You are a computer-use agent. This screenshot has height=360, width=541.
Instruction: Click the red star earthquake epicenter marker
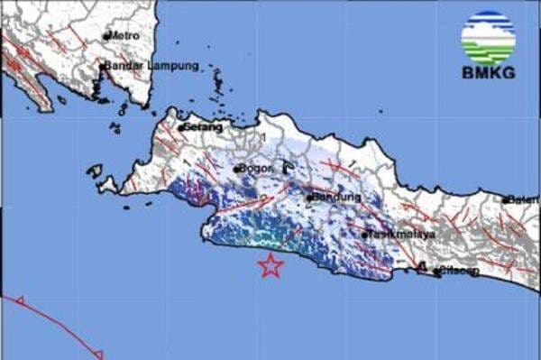[270, 265]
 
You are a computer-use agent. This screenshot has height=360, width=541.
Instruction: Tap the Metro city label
[124, 35]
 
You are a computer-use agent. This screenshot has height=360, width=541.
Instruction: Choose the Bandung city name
[335, 197]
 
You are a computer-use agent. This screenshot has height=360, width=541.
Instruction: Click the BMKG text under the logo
[488, 72]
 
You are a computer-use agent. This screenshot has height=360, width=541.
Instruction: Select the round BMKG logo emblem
[488, 36]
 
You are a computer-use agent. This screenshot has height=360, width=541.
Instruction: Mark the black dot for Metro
[105, 36]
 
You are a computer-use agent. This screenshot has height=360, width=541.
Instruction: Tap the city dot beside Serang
[180, 128]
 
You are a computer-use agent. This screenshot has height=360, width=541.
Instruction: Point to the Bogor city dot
[236, 169]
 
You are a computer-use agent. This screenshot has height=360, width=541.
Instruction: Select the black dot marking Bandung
[308, 198]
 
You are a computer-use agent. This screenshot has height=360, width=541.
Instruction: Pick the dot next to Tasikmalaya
[365, 235]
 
